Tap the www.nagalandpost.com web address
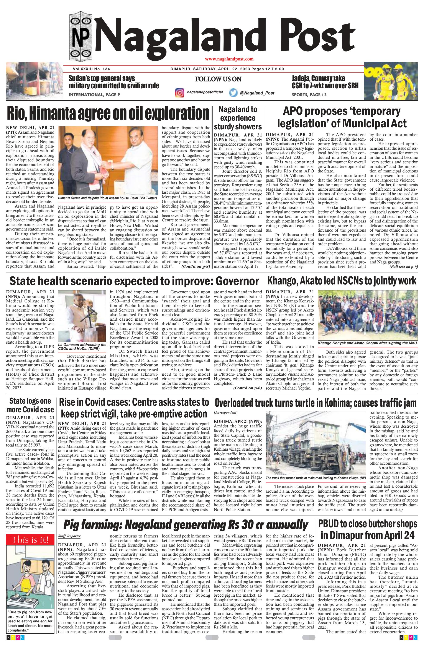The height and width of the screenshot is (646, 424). coord(229,59)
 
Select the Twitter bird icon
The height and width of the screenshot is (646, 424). coord(233,93)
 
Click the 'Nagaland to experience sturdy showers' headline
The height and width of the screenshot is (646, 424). coord(238,118)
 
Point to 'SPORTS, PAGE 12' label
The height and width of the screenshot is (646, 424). coord(309,95)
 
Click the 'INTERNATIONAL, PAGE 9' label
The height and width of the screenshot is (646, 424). coord(94,95)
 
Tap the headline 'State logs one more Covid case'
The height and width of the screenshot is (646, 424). coord(30,406)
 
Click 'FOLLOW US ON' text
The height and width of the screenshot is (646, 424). coord(218,79)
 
